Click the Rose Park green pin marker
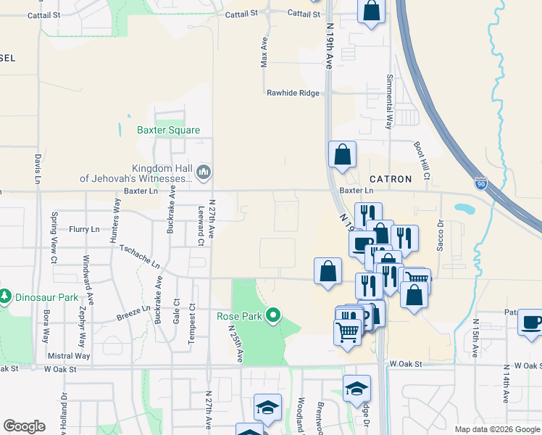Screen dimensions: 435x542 point(273,315)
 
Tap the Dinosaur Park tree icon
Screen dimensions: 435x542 point(5,297)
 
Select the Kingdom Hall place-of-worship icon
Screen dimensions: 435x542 point(203,172)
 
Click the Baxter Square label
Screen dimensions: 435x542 point(168,130)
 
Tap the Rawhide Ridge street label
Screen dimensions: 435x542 point(293,93)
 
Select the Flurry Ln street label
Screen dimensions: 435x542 point(84,229)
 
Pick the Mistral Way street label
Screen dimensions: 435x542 point(69,356)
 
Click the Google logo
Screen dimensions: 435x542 point(24,426)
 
